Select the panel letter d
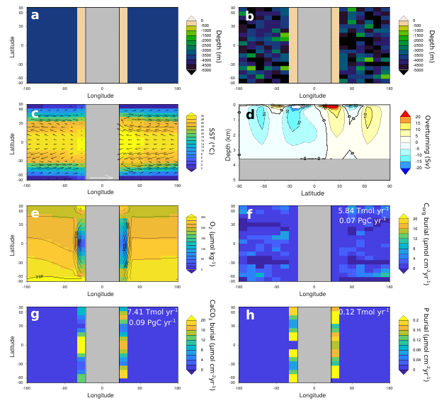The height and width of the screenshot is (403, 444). point(249,113)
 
